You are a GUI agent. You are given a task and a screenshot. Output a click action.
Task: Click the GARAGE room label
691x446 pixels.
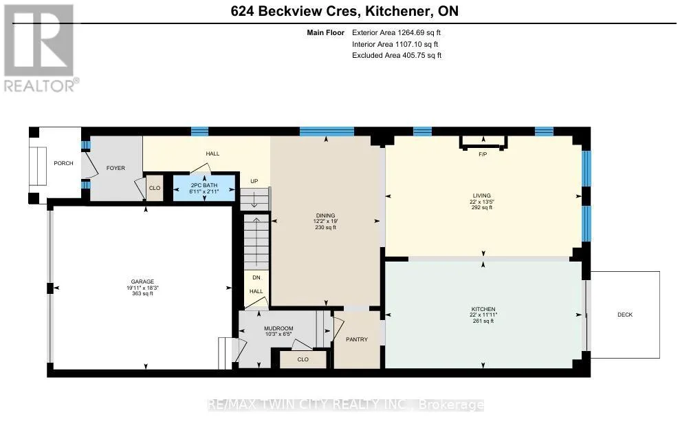(x=142, y=282)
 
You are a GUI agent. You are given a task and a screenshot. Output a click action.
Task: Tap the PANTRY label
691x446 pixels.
(x=357, y=339)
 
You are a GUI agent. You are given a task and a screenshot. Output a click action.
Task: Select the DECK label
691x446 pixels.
(x=625, y=315)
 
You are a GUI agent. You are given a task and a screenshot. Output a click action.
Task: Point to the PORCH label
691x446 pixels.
(x=63, y=163)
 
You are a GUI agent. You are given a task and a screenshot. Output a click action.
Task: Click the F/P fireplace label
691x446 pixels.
(x=483, y=154)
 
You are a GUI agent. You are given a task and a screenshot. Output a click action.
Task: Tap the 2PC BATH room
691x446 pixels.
(x=204, y=189)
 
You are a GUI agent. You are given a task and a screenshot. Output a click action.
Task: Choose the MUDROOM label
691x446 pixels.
(x=278, y=328)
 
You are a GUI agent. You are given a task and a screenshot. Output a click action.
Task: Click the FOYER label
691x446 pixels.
(x=116, y=168)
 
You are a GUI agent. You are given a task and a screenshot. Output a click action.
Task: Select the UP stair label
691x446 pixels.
(x=254, y=181)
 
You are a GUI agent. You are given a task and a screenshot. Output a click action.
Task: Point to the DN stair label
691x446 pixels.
(x=256, y=277)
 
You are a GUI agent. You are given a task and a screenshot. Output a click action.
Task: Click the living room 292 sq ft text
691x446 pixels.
(x=482, y=207)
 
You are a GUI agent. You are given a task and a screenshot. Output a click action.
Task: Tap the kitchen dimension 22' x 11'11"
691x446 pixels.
(x=483, y=315)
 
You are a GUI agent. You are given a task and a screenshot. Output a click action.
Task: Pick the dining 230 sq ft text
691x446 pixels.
(x=326, y=228)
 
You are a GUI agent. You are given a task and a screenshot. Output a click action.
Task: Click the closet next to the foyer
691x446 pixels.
(x=155, y=188)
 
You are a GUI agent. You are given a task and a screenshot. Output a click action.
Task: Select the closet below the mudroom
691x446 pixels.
(x=303, y=359)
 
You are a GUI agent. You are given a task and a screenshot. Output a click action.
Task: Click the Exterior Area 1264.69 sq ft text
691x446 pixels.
(x=396, y=32)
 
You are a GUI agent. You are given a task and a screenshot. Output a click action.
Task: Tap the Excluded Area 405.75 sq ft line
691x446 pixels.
(x=397, y=55)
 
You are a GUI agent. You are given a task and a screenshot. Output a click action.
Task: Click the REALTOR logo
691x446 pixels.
(x=41, y=48)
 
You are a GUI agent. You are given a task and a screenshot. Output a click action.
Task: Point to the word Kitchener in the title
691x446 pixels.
(x=398, y=11)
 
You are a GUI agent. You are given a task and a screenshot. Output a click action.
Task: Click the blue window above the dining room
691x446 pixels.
(x=327, y=131)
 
